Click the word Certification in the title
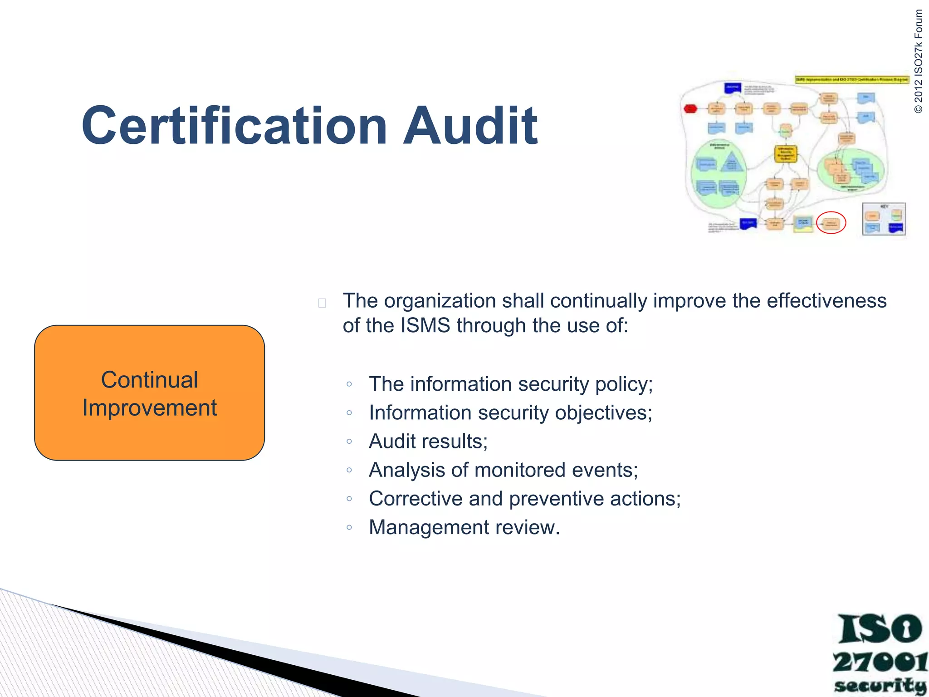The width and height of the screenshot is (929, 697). point(234,126)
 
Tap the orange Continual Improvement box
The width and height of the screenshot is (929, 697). point(149,393)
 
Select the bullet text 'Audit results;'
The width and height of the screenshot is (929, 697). point(428,442)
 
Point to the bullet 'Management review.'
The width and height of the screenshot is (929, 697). point(464,527)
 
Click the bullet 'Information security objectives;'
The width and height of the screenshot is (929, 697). point(510,413)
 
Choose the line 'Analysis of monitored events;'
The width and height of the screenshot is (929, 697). point(504,470)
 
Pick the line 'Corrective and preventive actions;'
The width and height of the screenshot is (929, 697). point(525,499)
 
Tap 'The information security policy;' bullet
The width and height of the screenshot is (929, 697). point(511,384)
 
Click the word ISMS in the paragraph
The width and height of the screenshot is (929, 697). point(425,326)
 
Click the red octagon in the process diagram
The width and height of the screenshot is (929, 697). point(690,109)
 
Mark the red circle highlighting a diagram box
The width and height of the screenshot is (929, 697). point(831,223)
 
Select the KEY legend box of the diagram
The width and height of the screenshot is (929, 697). point(884,219)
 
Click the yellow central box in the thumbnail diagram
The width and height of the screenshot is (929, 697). point(786,154)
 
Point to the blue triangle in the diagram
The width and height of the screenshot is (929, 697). point(731,162)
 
